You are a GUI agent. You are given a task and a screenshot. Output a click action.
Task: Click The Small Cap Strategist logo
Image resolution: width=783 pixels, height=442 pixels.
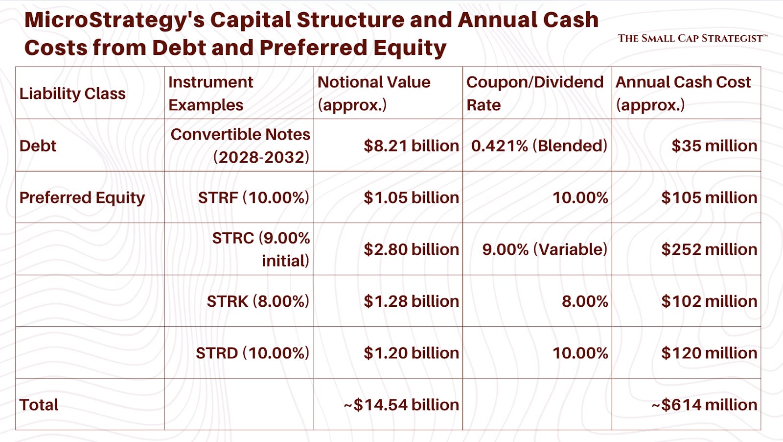pyautogui.click(x=692, y=38)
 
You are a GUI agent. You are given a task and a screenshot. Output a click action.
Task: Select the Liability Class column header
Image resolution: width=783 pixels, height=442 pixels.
pyautogui.click(x=72, y=94)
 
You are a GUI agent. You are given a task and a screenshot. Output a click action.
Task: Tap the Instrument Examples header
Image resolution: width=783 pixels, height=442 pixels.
pyautogui.click(x=210, y=93)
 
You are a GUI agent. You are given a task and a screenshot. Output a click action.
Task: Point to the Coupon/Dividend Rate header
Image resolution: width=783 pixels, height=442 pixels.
pyautogui.click(x=534, y=93)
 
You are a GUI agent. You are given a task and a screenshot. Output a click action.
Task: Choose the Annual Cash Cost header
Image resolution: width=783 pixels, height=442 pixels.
pyautogui.click(x=683, y=93)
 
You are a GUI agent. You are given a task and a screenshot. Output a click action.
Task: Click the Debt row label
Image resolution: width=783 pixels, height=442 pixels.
pyautogui.click(x=38, y=146)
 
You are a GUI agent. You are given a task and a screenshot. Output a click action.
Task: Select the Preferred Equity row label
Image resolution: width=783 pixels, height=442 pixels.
pyautogui.click(x=82, y=197)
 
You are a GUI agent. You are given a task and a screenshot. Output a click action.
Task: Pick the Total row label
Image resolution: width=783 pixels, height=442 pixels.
pyautogui.click(x=39, y=405)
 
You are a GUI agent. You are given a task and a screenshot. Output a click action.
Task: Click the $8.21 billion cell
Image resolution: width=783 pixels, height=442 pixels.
pyautogui.click(x=411, y=146)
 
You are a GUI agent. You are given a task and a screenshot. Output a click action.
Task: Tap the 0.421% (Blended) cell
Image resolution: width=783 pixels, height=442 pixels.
pyautogui.click(x=539, y=146)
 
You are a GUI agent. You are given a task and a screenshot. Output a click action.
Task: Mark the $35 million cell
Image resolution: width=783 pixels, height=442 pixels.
pyautogui.click(x=714, y=146)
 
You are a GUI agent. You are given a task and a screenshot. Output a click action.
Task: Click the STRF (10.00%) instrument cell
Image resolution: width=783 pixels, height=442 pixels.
pyautogui.click(x=253, y=197)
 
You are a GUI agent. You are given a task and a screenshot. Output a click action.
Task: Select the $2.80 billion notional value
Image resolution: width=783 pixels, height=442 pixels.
pyautogui.click(x=411, y=249)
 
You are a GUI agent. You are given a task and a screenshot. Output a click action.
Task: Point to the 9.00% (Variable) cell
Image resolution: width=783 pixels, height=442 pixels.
pyautogui.click(x=544, y=249)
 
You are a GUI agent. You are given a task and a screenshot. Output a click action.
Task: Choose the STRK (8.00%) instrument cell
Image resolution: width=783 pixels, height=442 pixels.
pyautogui.click(x=258, y=301)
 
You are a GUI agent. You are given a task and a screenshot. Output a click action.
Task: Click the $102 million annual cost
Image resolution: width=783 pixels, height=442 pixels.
pyautogui.click(x=709, y=301)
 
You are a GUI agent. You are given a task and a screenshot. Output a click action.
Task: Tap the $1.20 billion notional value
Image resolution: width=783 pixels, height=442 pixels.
pyautogui.click(x=411, y=353)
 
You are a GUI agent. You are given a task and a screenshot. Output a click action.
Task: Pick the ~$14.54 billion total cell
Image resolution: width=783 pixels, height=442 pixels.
pyautogui.click(x=401, y=405)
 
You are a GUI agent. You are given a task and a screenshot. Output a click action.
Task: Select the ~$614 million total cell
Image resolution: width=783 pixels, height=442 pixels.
pyautogui.click(x=704, y=405)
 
